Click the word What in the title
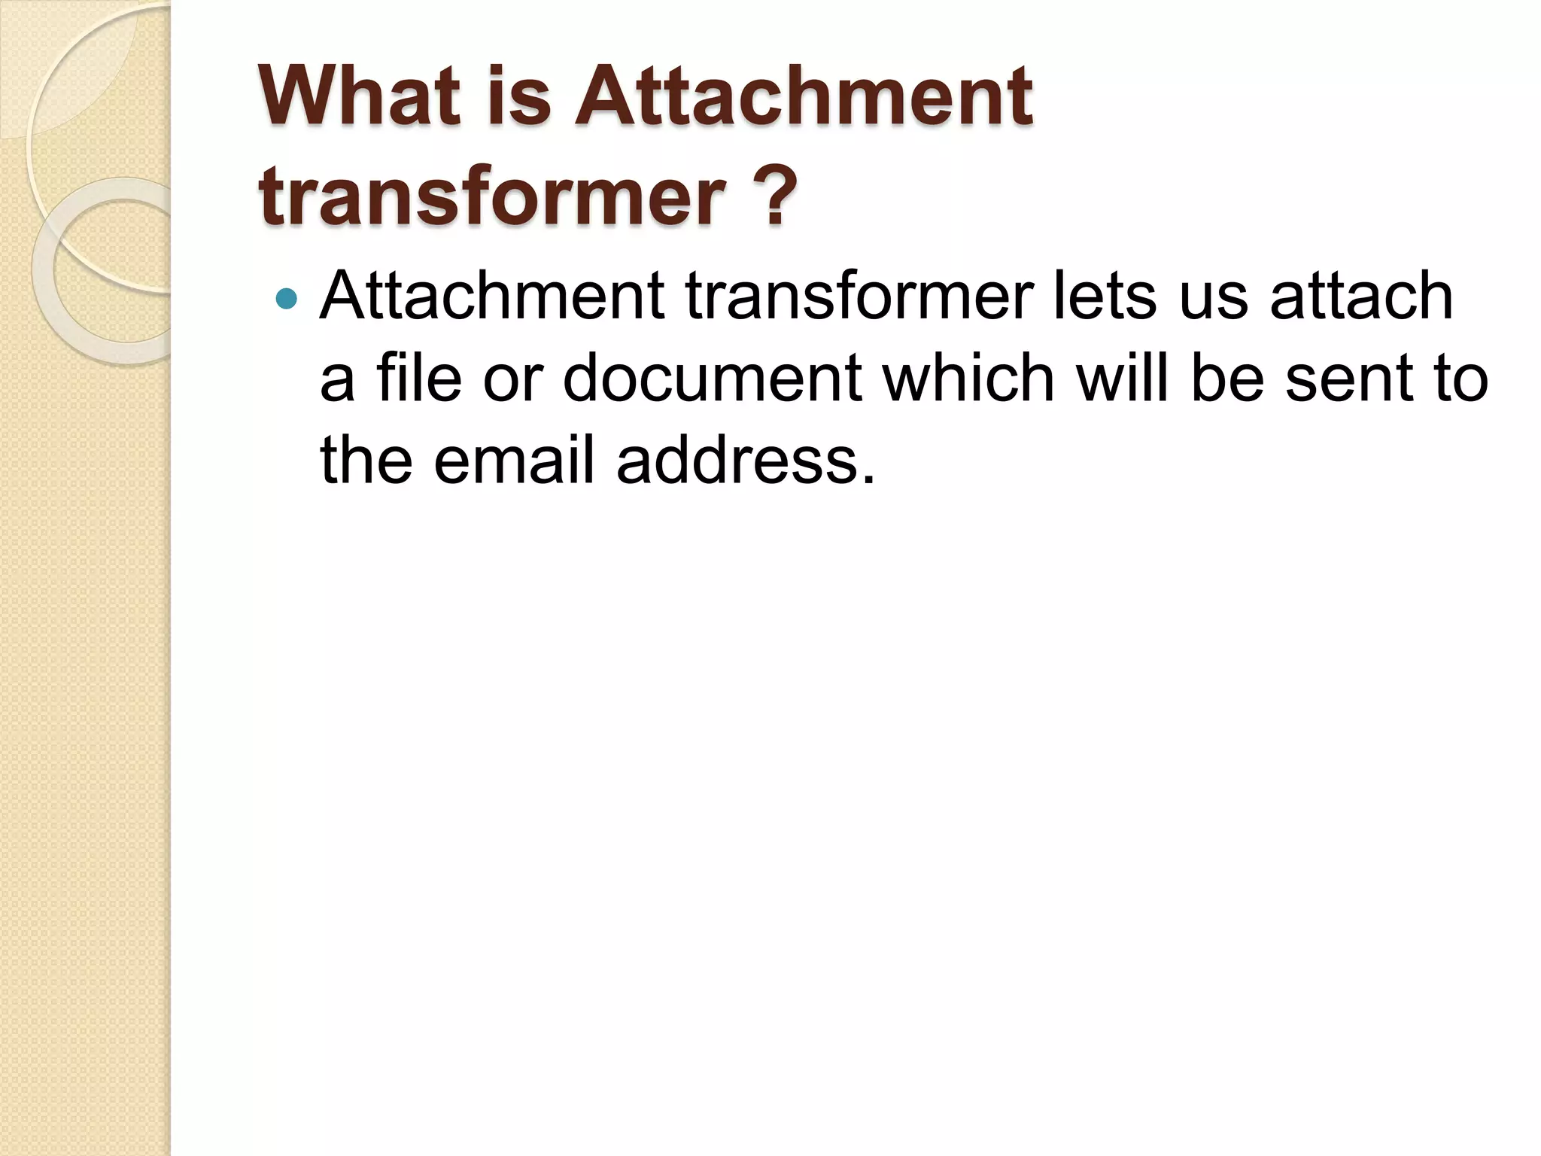[358, 96]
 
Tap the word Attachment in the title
[804, 96]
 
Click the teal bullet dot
[287, 299]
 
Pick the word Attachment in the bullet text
[491, 296]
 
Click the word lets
[1104, 296]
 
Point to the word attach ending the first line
[1361, 296]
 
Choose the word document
[712, 378]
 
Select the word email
[514, 460]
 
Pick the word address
[746, 460]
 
